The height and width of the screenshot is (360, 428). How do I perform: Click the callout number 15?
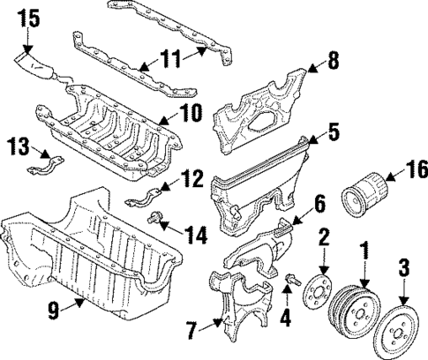tap(29, 17)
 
